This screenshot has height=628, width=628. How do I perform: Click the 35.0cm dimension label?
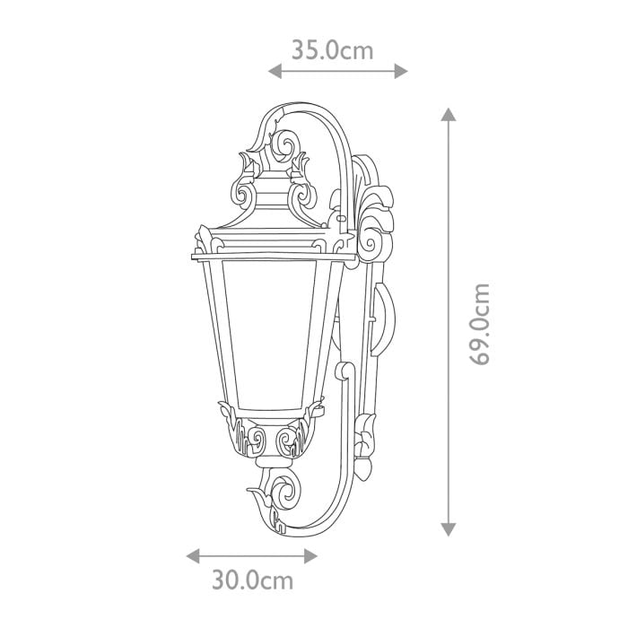(x=331, y=49)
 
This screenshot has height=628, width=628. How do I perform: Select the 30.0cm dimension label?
(x=252, y=580)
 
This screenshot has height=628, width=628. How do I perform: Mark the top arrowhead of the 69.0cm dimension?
(x=449, y=114)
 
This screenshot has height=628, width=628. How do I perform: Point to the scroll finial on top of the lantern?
(x=288, y=148)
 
